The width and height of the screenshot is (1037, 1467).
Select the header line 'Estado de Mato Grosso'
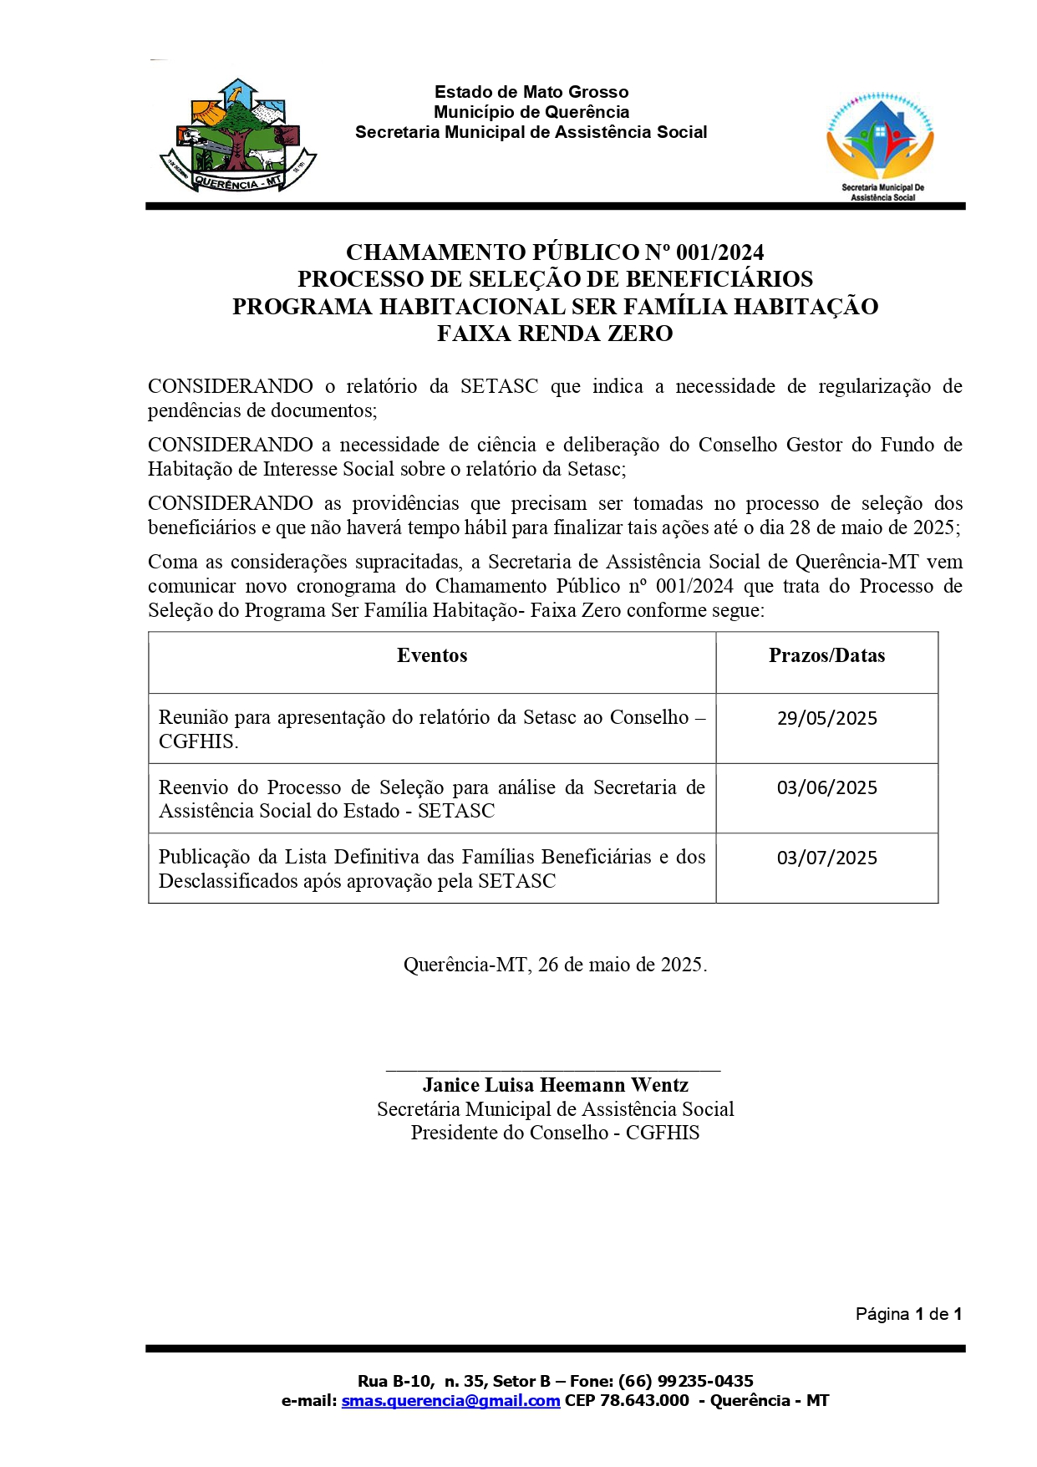pos(531,92)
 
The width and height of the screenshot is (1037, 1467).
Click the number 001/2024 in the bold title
pos(719,252)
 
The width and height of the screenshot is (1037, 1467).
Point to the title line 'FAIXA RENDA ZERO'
pos(555,334)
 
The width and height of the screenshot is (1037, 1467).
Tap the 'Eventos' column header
pos(432,655)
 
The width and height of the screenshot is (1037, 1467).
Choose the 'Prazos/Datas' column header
pos(826,655)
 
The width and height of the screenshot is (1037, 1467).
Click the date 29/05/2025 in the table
pos(826,718)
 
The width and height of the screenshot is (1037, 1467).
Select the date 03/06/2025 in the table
pos(826,787)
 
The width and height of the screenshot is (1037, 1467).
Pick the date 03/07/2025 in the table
pos(826,858)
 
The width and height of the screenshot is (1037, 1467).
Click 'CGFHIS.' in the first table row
pos(199,741)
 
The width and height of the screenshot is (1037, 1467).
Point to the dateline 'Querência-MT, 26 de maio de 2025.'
pos(555,965)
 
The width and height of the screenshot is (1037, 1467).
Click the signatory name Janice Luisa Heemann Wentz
pos(555,1085)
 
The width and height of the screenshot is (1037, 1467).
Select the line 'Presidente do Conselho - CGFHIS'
pos(555,1133)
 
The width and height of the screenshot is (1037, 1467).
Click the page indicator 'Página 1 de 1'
pos(908,1314)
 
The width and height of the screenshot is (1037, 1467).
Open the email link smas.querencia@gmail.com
pos(450,1401)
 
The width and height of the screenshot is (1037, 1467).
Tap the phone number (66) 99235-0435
pos(685,1381)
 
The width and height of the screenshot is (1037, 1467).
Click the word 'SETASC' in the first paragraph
pos(499,386)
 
